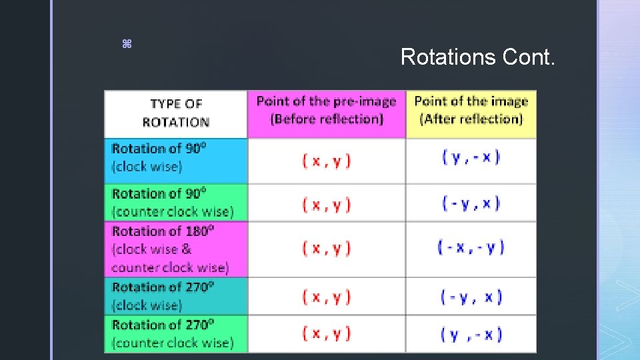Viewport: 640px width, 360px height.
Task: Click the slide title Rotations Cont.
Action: pyautogui.click(x=477, y=57)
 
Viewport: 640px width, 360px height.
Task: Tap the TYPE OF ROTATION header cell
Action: pyautogui.click(x=175, y=113)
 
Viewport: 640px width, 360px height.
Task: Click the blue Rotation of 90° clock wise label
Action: pyautogui.click(x=159, y=157)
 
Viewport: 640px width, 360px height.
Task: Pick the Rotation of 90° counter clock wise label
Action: pyautogui.click(x=173, y=203)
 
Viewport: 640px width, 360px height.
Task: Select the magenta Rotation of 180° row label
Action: pyautogui.click(x=170, y=249)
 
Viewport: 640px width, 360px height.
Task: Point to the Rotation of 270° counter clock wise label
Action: pyautogui.click(x=173, y=334)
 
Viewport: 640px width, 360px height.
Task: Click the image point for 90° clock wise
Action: pyautogui.click(x=471, y=157)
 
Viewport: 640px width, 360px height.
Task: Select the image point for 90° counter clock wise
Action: pyautogui.click(x=471, y=203)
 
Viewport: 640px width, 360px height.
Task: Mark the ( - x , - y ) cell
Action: pyautogui.click(x=471, y=247)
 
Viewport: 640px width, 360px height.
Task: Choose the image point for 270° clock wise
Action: pyautogui.click(x=471, y=296)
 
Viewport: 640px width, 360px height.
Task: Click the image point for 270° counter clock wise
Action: pyautogui.click(x=471, y=334)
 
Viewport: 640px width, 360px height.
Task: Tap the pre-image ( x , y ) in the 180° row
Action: pyautogui.click(x=326, y=248)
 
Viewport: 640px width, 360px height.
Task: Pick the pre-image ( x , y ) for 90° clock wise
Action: pyautogui.click(x=326, y=160)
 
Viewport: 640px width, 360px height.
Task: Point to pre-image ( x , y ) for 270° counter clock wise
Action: pyautogui.click(x=326, y=333)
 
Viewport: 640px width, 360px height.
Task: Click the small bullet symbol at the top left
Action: pyautogui.click(x=127, y=44)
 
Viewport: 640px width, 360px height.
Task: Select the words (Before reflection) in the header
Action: pyautogui.click(x=326, y=119)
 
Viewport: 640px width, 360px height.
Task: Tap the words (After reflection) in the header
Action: pyautogui.click(x=471, y=119)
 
